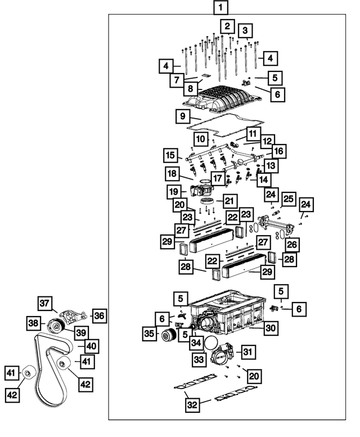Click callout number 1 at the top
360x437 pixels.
click(x=221, y=8)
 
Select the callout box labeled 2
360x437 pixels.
click(x=227, y=26)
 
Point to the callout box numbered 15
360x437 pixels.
click(x=170, y=155)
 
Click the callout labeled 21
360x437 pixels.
click(x=229, y=201)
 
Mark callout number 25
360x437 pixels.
click(x=289, y=199)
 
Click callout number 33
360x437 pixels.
click(x=199, y=359)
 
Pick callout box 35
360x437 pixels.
click(x=149, y=334)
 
